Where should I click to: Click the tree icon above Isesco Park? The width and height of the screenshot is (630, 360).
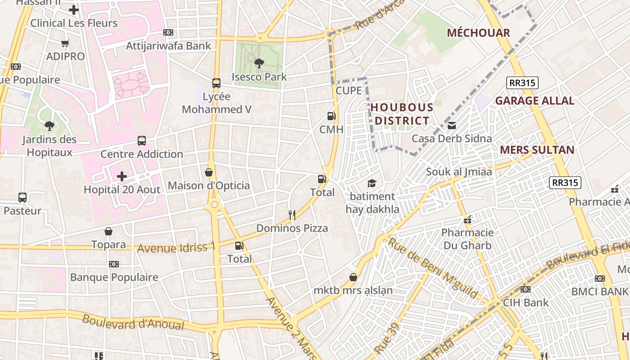tap(259, 63)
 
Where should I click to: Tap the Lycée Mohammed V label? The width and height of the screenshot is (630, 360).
tap(216, 103)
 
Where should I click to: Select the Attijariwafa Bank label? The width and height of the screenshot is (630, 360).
tap(168, 46)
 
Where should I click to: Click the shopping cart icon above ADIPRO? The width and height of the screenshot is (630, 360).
tap(65, 43)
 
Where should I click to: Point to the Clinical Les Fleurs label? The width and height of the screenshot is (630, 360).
tap(74, 23)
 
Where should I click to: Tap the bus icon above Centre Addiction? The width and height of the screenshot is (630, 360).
tap(142, 141)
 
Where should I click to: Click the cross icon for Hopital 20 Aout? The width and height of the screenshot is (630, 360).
tap(122, 176)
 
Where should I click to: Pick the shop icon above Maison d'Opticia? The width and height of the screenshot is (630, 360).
tap(209, 172)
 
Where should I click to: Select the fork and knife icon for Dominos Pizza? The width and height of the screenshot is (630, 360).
tap(292, 215)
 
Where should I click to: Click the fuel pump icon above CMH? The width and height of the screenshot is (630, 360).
tap(331, 116)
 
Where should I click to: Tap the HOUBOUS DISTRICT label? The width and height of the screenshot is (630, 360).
tap(401, 114)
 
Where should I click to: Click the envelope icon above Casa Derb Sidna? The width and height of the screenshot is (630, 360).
tap(452, 126)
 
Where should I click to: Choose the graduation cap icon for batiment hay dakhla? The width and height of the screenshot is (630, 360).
tap(372, 183)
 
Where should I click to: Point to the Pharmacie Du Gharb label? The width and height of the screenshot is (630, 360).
tap(467, 239)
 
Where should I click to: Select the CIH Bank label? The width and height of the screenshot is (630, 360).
tap(526, 302)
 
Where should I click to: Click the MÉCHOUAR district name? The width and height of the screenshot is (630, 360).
tap(478, 33)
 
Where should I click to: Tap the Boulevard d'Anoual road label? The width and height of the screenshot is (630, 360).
tap(133, 322)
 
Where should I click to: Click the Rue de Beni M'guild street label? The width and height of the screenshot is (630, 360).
tap(432, 268)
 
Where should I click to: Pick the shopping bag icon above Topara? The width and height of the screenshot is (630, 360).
tap(108, 232)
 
